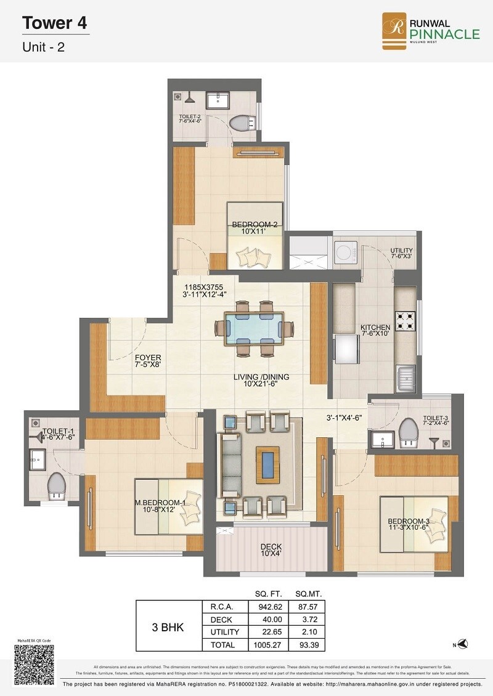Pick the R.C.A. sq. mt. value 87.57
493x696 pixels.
click(x=309, y=607)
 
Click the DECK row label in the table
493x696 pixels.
click(x=221, y=620)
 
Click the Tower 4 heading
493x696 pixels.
click(x=54, y=24)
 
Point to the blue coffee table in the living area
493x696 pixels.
click(x=267, y=465)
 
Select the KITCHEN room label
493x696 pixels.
click(x=375, y=328)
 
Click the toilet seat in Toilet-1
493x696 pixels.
click(x=57, y=484)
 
